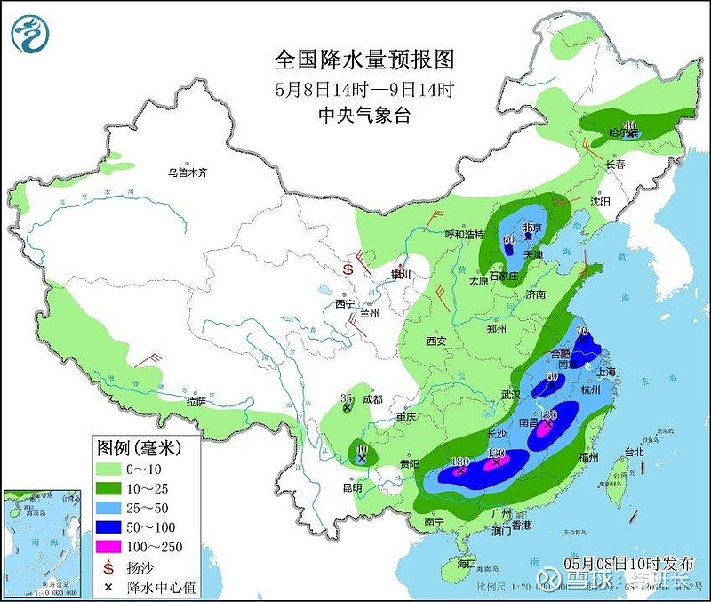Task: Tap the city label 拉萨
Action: tap(195, 403)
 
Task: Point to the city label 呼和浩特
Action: tap(464, 234)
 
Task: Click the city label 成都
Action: tap(371, 399)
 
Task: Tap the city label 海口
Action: tap(466, 565)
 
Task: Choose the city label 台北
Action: tap(633, 451)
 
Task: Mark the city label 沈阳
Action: tap(601, 202)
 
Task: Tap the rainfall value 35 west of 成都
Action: tap(348, 398)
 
